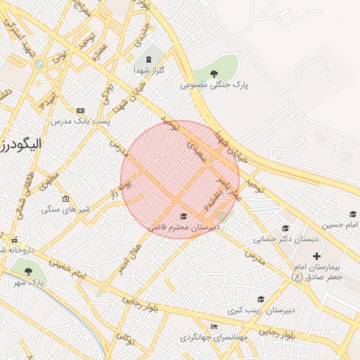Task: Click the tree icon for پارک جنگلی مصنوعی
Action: [214, 72]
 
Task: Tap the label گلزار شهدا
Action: [148, 70]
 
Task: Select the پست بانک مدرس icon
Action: [80, 110]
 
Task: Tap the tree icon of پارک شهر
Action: [28, 271]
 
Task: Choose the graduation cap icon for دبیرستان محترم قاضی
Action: [184, 216]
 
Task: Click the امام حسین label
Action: [340, 225]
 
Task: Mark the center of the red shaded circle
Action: [180, 179]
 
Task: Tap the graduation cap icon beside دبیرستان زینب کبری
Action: [261, 299]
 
